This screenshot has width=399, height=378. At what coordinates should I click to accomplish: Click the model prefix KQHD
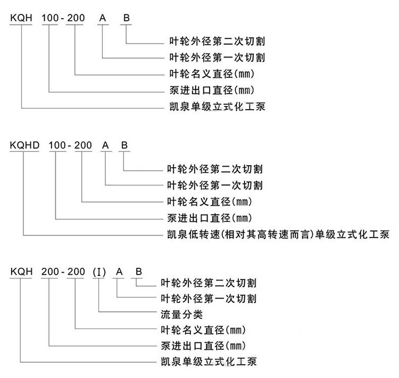coord(24,145)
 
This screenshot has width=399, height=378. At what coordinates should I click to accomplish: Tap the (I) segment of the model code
coord(99,272)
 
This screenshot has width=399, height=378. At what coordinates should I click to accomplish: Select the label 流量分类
coord(182,315)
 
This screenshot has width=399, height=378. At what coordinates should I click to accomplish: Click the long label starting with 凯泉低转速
coord(278,234)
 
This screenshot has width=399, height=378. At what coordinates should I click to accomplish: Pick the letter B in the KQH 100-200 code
coord(127,18)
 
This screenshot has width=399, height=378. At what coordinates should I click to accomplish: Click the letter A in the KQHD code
coord(105,145)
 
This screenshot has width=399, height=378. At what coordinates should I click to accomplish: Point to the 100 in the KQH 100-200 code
coord(50,18)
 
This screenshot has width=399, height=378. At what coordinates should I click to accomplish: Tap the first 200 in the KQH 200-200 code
coord(50,272)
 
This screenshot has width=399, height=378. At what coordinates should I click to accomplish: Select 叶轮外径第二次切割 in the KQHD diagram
coord(215,169)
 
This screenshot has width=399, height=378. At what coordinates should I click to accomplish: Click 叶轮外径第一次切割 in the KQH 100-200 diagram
coord(217,57)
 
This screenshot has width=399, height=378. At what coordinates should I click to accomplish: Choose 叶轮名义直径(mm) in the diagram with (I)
coord(203,330)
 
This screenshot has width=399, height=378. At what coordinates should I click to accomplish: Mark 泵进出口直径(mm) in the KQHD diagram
coord(210,218)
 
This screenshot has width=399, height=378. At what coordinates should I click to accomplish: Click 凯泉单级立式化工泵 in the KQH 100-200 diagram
coord(217,106)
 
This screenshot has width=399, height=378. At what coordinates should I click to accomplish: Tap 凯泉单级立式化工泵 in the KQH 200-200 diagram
coord(209,361)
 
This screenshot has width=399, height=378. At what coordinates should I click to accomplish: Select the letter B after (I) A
coord(139,272)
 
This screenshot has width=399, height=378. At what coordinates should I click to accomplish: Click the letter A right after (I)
coord(119,272)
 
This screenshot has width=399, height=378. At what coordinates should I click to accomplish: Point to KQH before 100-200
coord(21,18)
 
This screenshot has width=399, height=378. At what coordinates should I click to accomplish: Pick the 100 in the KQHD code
coord(57,145)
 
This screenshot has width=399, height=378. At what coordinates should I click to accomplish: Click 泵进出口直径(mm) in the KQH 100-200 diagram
coord(212,90)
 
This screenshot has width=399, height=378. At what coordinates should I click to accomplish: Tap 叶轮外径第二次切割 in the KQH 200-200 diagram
coord(209,283)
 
